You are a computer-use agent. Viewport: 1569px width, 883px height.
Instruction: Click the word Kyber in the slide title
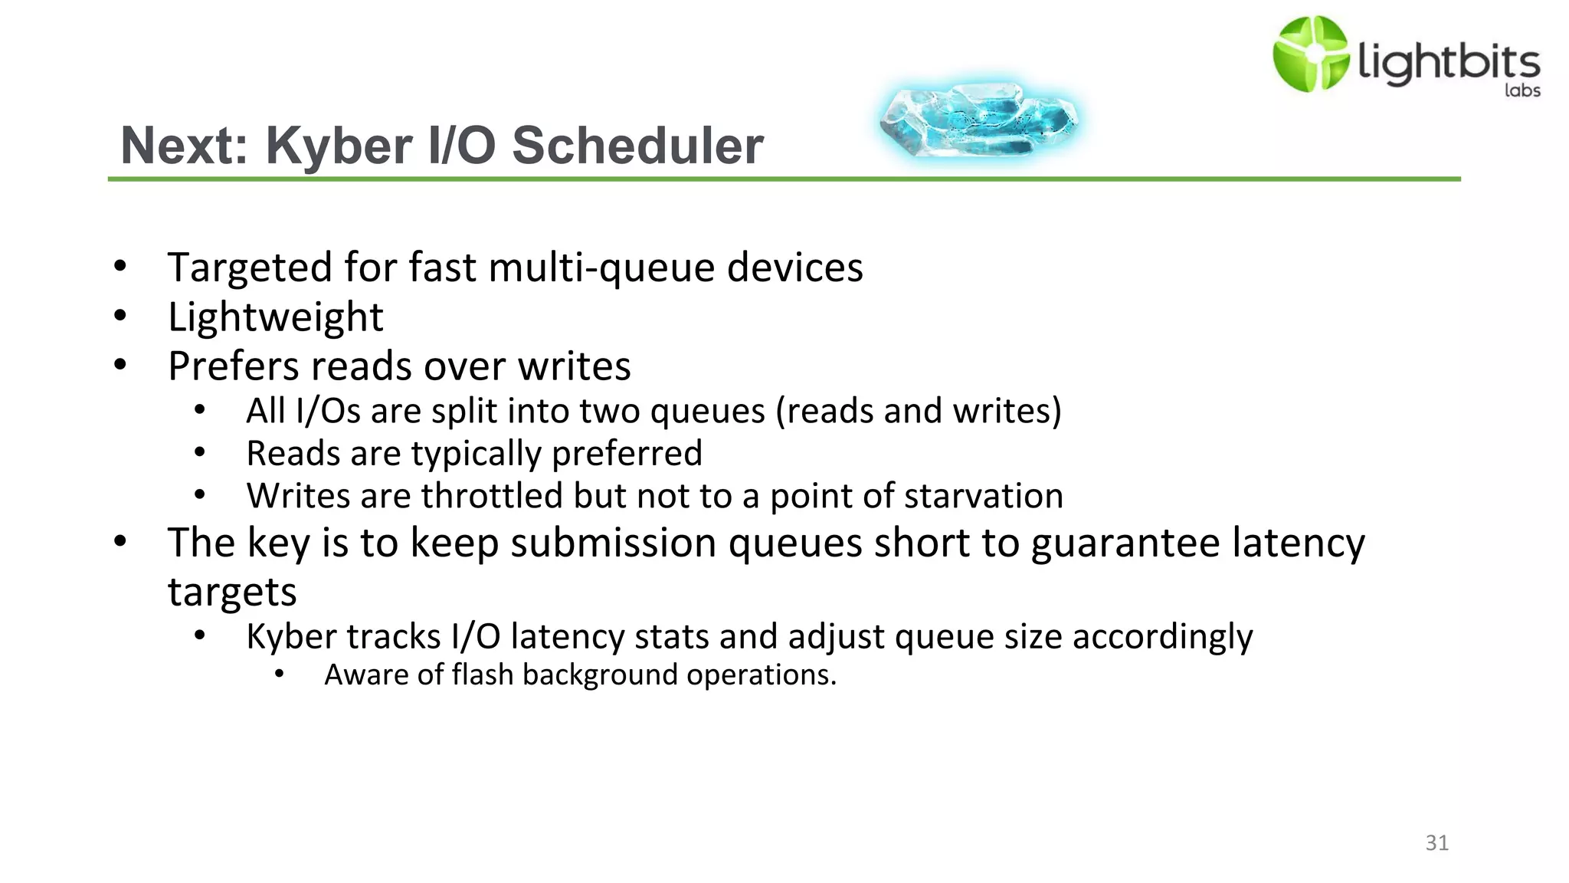[x=339, y=146]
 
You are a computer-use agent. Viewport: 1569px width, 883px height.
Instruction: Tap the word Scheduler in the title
[x=637, y=146]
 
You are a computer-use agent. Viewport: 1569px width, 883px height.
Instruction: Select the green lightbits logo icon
[x=1310, y=54]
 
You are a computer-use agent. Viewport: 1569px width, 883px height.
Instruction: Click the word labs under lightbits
[x=1522, y=90]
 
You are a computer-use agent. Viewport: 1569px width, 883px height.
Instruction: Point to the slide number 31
[x=1436, y=843]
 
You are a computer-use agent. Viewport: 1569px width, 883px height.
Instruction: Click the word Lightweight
[x=275, y=317]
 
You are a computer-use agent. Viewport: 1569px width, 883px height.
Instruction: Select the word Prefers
[x=232, y=366]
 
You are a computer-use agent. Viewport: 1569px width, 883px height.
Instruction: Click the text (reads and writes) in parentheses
[x=919, y=411]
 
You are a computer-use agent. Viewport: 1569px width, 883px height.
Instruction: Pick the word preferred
[x=627, y=454]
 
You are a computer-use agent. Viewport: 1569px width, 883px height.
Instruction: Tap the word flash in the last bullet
[x=482, y=675]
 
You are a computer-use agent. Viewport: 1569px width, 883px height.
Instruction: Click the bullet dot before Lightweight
[x=120, y=316]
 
